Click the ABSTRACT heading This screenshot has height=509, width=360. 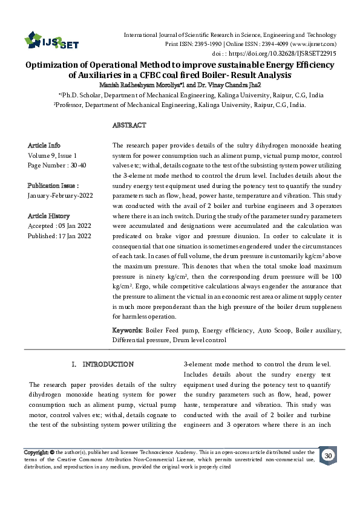[129, 125]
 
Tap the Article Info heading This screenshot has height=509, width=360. [44, 146]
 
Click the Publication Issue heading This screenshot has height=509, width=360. [54, 186]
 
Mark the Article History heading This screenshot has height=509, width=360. [49, 216]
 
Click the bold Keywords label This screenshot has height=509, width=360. [128, 331]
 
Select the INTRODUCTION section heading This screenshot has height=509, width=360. [108, 365]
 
